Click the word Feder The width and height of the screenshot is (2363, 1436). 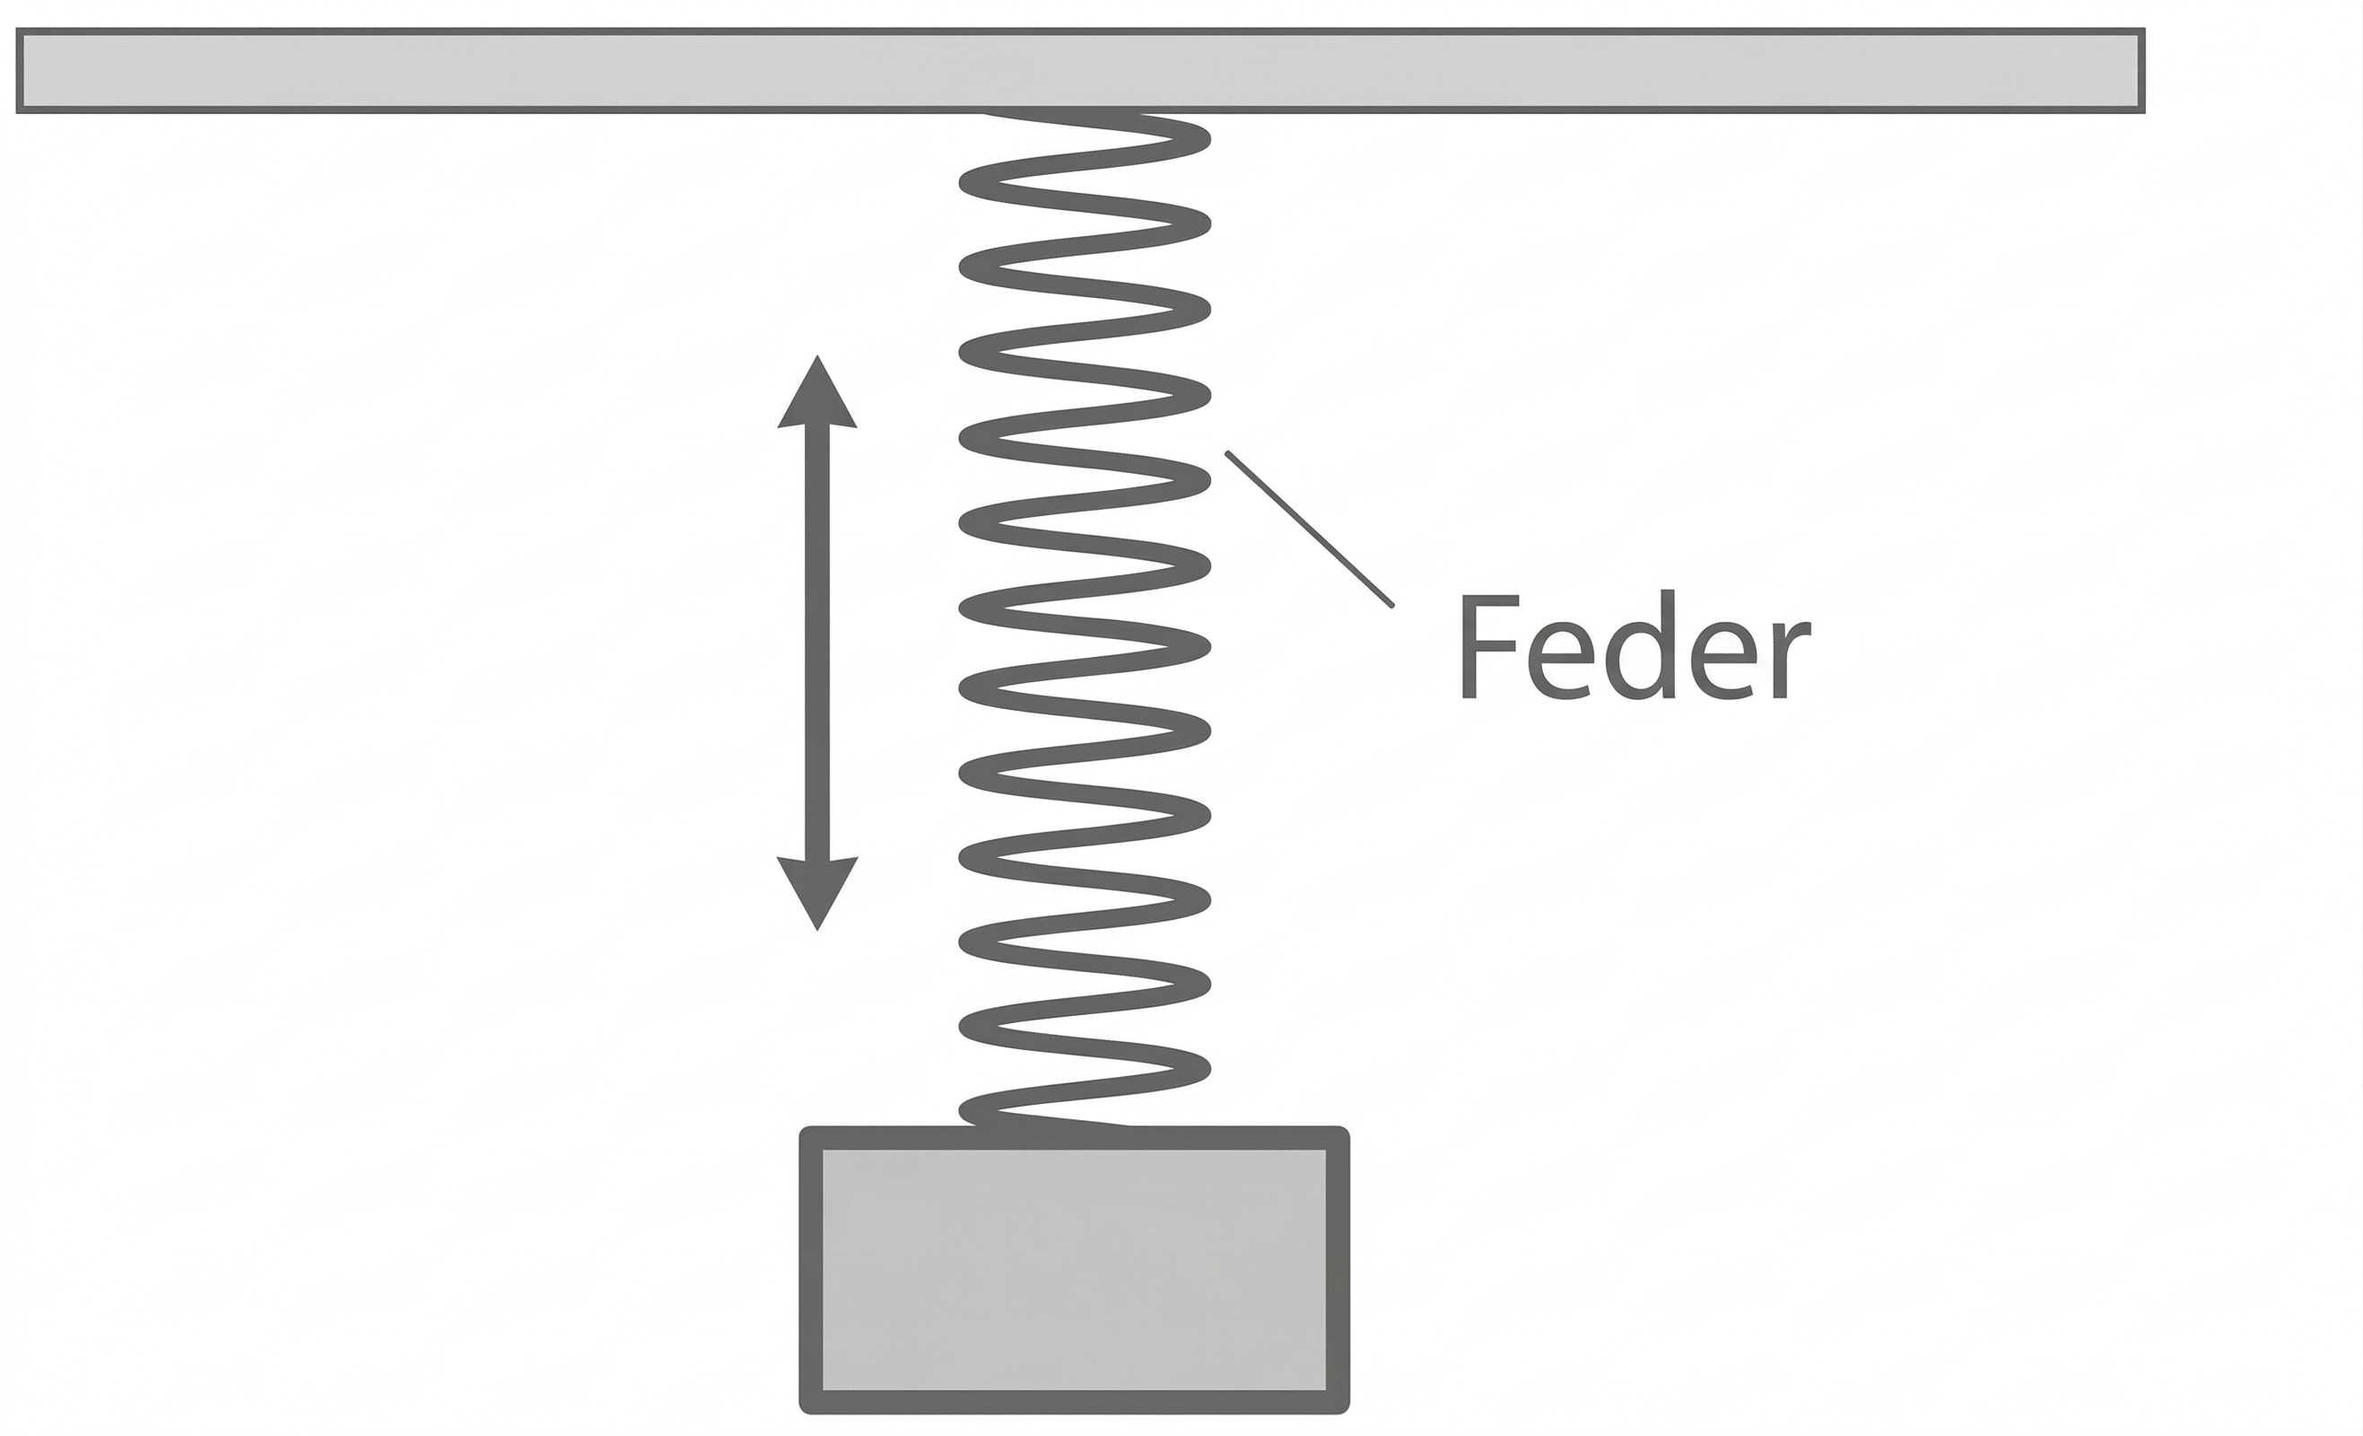[x=1635, y=645]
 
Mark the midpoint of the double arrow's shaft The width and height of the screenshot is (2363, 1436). [x=817, y=643]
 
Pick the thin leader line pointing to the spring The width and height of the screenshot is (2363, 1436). [x=1310, y=530]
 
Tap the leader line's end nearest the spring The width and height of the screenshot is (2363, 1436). [x=1228, y=454]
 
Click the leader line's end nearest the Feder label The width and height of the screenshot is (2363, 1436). [x=1391, y=605]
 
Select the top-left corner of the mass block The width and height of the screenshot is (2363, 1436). [x=806, y=1133]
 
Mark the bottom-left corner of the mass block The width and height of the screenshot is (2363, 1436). [x=806, y=1407]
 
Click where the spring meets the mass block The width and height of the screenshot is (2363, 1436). [x=1055, y=1125]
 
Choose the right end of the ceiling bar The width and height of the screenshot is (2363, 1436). [x=2141, y=71]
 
